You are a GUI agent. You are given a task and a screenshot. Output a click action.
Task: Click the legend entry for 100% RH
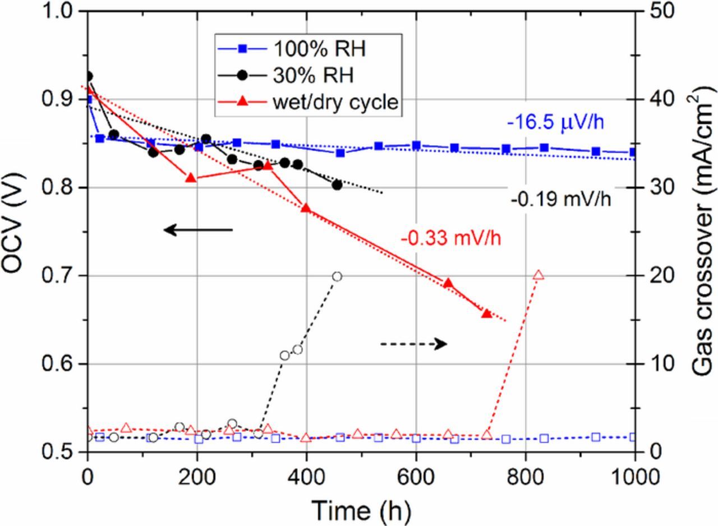(292, 49)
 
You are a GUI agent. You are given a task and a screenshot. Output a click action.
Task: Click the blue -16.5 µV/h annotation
(555, 122)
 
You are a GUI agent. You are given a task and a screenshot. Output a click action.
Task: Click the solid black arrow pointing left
(198, 229)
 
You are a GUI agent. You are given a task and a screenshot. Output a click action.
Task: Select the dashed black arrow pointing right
(413, 344)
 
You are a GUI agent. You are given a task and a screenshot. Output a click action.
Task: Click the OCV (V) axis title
(16, 232)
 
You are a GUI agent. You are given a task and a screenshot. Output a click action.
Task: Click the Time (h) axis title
(361, 510)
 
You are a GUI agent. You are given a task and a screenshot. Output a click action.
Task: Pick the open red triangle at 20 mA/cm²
(538, 275)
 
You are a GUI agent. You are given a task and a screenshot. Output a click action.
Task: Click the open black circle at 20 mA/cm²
(337, 276)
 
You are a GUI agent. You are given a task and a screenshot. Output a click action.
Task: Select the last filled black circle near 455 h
(337, 185)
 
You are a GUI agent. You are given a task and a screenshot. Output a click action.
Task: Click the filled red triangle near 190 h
(191, 178)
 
